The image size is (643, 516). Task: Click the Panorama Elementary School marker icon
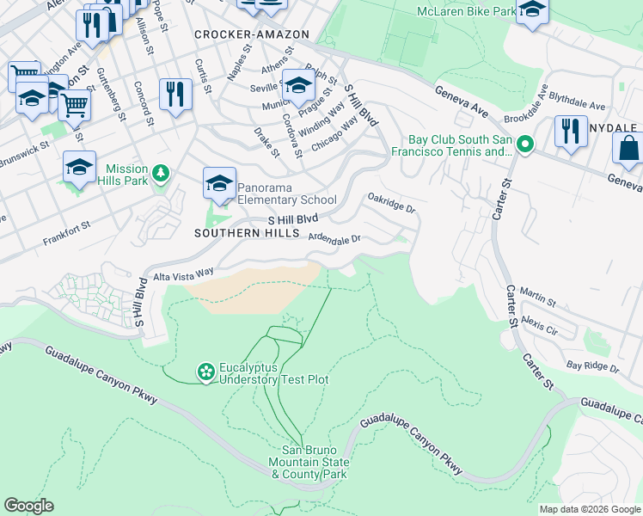pos(219,183)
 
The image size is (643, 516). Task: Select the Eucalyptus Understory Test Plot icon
pos(205,372)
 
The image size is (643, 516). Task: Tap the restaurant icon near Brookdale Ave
pos(570,131)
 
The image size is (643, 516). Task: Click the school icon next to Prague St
pos(298,85)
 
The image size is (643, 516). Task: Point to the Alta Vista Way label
pos(183,274)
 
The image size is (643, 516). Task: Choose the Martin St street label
pos(538,298)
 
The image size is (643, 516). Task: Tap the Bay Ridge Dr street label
pos(592,366)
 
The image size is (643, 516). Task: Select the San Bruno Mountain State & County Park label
pos(315,462)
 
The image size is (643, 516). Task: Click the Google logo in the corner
pos(29,505)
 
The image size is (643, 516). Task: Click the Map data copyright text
pos(589,509)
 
